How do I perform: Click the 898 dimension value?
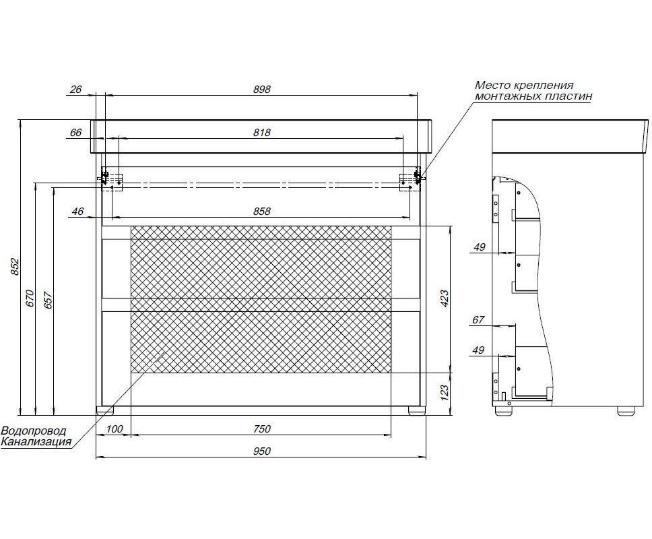pos(262,89)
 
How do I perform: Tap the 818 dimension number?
pos(262,132)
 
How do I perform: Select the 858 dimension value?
pos(262,212)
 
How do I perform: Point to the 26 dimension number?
pos(76,89)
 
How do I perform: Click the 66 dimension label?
pos(76,132)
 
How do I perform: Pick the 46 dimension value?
pos(77,212)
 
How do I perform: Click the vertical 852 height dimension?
pos(15,267)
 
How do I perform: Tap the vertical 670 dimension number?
pos(30,298)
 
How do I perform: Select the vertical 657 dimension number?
pos(48,300)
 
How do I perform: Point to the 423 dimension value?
pos(444,298)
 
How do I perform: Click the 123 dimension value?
pos(444,393)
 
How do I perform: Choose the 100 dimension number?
pos(114,429)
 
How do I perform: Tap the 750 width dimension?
pos(262,429)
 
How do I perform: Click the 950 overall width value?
pos(262,451)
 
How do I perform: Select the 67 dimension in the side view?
pos(478,319)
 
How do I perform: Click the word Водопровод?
pos(34,431)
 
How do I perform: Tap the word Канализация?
pos(36,442)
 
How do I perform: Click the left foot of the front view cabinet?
pos(105,410)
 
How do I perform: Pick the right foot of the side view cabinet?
pos(626,410)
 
